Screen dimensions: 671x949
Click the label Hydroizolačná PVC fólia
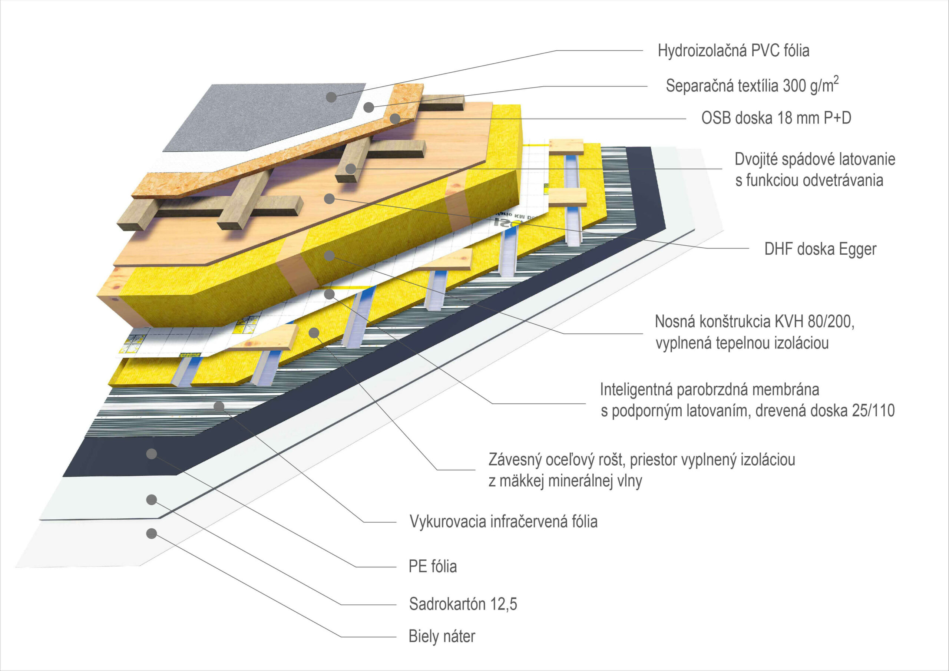point(733,51)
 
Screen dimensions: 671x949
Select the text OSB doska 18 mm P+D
point(776,118)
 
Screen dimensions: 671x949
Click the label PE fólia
point(432,566)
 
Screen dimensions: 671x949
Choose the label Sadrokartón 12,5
point(463,604)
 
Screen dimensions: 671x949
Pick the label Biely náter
point(442,636)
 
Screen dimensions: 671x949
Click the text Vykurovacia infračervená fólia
point(503,522)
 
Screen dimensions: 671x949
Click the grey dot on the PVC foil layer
point(331,97)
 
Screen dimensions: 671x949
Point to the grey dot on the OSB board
point(395,119)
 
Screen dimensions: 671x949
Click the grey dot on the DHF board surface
point(329,199)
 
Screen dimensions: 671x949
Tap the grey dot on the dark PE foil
point(152,454)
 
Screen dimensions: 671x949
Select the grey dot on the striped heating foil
point(219,406)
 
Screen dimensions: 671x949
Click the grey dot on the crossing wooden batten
point(351,169)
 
